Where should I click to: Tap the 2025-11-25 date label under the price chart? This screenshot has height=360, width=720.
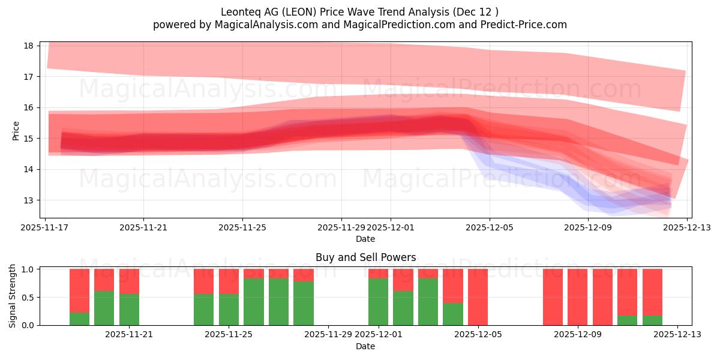[242, 227]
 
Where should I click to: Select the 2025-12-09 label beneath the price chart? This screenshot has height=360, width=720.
[589, 227]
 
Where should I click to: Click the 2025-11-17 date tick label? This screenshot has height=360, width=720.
[45, 227]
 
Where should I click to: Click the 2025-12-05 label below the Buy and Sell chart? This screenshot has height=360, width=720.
[478, 334]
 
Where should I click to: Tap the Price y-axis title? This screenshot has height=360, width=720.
[16, 130]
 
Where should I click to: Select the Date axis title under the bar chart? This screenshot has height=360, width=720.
[365, 346]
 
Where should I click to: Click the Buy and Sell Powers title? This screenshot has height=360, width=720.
[365, 257]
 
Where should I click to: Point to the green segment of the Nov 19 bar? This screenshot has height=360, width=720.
[79, 319]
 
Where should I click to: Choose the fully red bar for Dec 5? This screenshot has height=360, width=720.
[478, 297]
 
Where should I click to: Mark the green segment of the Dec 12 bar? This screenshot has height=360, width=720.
[652, 320]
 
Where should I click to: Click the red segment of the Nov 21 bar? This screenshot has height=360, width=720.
[129, 281]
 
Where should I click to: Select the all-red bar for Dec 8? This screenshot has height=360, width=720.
[553, 297]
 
